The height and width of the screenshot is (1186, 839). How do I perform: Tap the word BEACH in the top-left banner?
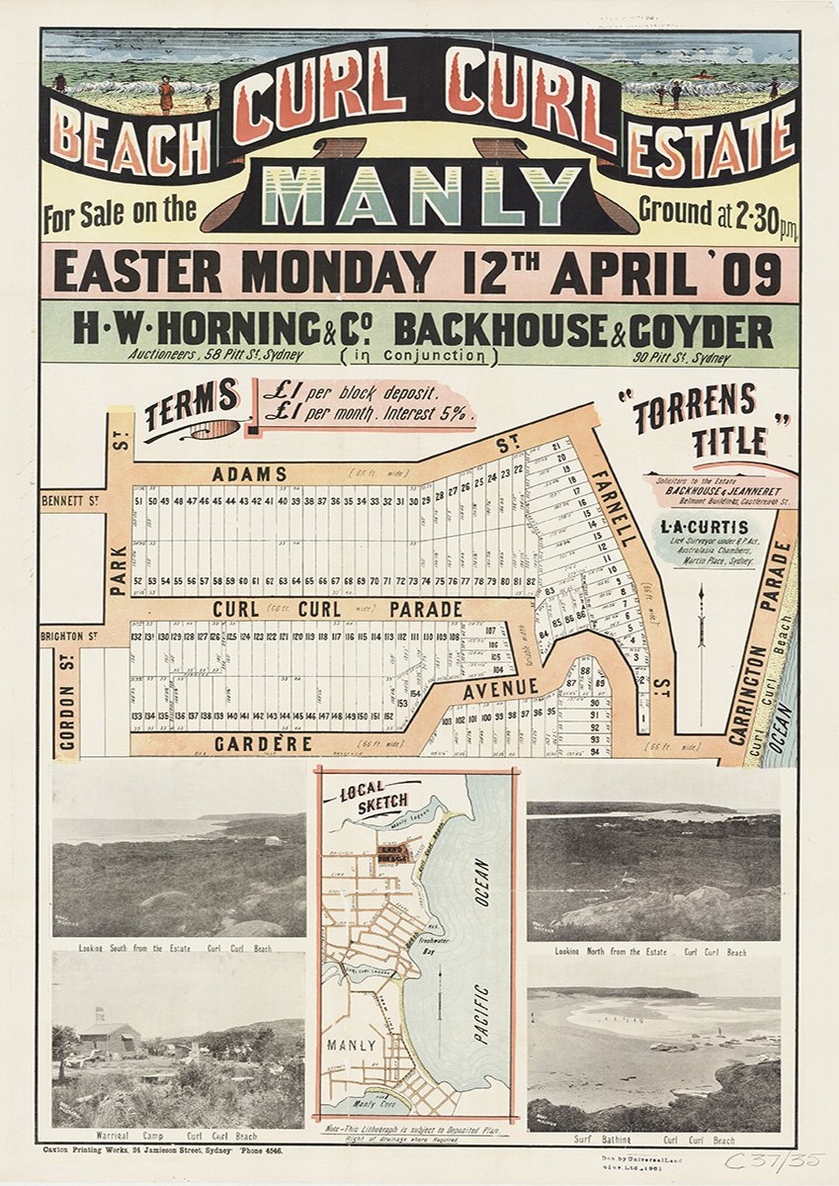click(130, 144)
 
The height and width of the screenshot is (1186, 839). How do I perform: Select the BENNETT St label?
click(70, 502)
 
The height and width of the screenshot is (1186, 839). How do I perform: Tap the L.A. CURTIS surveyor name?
click(704, 528)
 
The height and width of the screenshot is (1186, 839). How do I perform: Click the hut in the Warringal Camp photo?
click(109, 1039)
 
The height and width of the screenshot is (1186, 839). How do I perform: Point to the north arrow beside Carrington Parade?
click(701, 642)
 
